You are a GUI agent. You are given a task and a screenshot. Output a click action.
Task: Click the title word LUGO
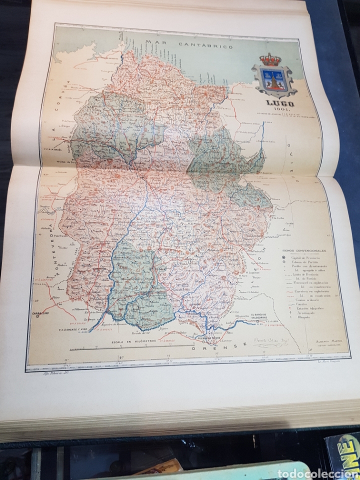[273, 104]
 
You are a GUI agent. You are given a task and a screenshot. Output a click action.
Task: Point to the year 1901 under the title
[273, 111]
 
